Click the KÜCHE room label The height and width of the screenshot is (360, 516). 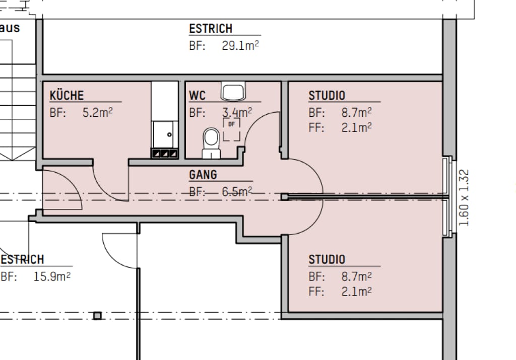click(x=67, y=95)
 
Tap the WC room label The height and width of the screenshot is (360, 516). click(x=197, y=95)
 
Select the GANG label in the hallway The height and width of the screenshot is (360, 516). click(x=203, y=175)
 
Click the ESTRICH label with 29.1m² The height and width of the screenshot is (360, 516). click(x=211, y=29)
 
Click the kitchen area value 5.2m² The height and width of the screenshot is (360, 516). click(x=97, y=112)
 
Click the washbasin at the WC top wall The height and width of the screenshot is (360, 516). click(x=233, y=92)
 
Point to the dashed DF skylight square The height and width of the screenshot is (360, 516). click(x=231, y=128)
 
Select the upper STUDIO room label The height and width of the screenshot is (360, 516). click(x=327, y=95)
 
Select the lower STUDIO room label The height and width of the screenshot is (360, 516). click(x=327, y=259)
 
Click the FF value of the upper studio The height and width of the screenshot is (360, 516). click(x=356, y=127)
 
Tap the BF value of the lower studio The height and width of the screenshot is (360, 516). click(x=356, y=276)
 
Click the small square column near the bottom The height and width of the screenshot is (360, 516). click(x=97, y=316)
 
